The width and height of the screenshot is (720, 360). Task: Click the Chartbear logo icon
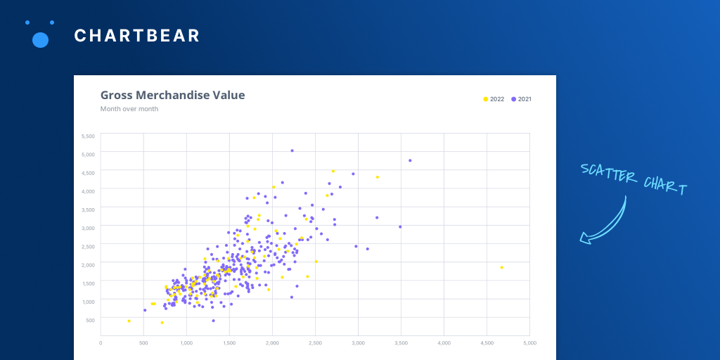(x=40, y=35)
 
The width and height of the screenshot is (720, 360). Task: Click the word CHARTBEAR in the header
(x=137, y=36)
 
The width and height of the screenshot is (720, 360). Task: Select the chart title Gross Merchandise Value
(x=172, y=96)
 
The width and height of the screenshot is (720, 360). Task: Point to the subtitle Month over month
(x=129, y=109)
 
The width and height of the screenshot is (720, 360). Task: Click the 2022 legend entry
(x=494, y=99)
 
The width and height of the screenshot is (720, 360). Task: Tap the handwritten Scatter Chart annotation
(x=634, y=179)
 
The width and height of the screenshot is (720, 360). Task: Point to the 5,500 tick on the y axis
(x=88, y=136)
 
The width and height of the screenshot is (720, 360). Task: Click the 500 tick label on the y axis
(x=90, y=320)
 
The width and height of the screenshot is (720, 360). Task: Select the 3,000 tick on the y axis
(x=88, y=228)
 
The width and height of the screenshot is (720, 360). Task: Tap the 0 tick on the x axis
(x=101, y=343)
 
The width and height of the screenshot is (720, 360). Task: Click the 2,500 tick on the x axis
(x=315, y=343)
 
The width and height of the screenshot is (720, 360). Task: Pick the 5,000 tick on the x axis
(x=529, y=343)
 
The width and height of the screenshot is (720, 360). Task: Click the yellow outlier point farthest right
(x=501, y=267)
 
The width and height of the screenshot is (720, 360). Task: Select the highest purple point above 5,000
(x=292, y=150)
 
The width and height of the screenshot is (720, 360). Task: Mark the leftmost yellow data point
(x=129, y=321)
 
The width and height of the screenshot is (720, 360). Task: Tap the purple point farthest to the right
(x=410, y=160)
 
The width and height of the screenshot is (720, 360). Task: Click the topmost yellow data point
(x=333, y=171)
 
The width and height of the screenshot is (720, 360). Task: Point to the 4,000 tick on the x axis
(x=444, y=343)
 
